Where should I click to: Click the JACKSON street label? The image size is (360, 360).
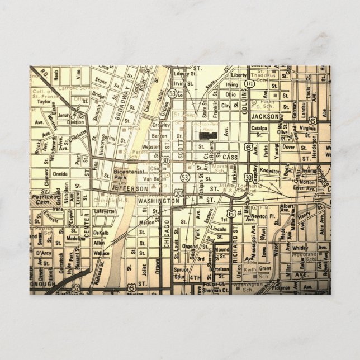click(264, 116)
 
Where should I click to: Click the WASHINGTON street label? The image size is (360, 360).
click(158, 200)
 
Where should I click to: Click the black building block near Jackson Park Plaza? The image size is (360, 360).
click(206, 135)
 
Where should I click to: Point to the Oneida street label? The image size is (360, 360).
click(60, 173)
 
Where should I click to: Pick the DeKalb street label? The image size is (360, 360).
click(101, 232)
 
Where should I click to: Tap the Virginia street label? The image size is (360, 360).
click(306, 128)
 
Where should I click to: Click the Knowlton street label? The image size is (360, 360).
click(269, 171)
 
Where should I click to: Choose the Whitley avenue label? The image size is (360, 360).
click(300, 248)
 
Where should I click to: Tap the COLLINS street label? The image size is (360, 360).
click(244, 101)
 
